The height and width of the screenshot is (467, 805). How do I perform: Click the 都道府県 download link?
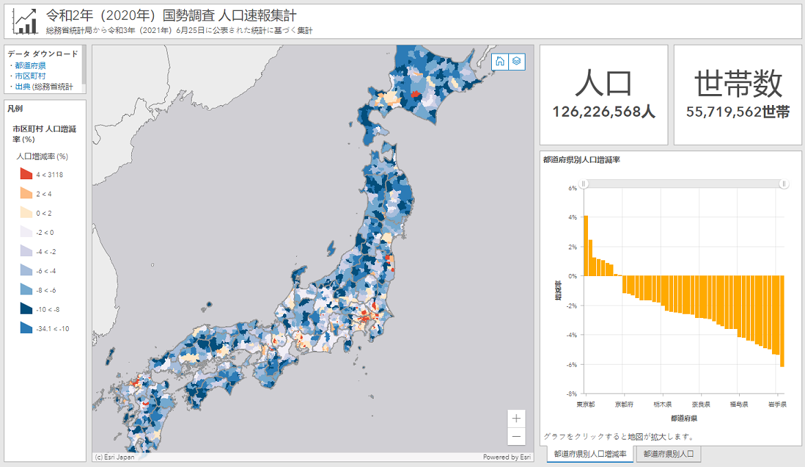(30, 65)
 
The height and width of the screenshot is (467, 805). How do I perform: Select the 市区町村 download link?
(30, 76)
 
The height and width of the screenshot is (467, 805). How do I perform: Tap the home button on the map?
(500, 61)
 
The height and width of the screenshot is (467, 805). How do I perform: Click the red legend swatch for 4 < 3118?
(26, 174)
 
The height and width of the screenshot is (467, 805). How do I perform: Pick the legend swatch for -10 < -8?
(26, 309)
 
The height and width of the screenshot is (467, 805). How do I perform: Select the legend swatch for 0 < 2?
(26, 213)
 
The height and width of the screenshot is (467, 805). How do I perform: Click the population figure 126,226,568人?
(603, 112)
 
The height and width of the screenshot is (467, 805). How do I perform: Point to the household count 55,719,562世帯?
(738, 112)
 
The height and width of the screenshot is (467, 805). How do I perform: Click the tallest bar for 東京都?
(586, 245)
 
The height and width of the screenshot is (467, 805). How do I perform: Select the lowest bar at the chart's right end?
(782, 321)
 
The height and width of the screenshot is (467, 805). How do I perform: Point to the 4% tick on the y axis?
(572, 217)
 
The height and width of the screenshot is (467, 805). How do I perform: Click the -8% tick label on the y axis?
(571, 394)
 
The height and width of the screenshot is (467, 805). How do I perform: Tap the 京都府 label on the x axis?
(624, 405)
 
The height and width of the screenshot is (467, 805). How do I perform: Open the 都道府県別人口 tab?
(668, 454)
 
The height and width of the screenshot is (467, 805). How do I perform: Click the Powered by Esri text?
(507, 457)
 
